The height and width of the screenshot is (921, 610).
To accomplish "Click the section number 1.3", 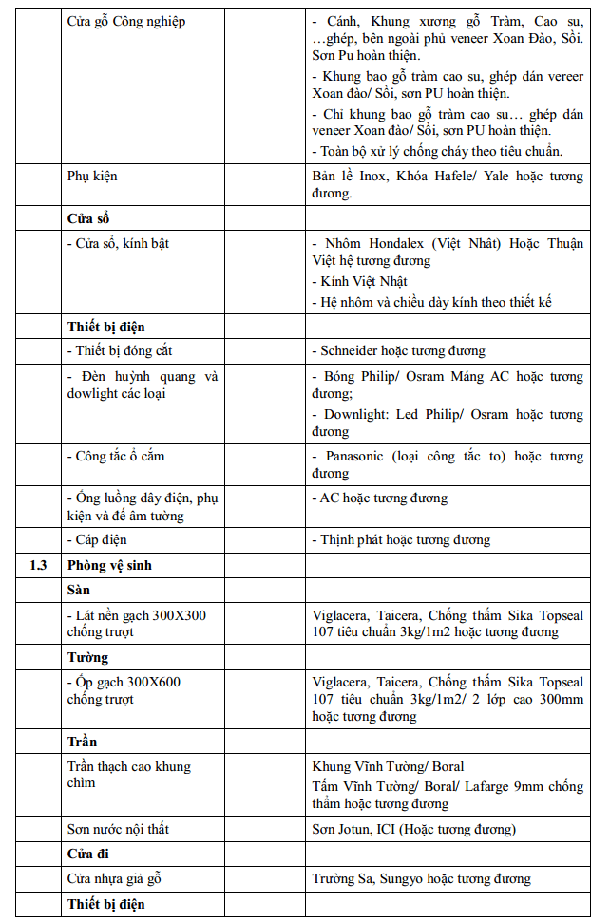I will [x=38, y=565].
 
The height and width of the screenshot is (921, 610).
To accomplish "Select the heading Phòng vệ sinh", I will [x=109, y=565].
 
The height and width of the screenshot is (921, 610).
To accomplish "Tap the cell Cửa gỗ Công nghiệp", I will [x=126, y=22].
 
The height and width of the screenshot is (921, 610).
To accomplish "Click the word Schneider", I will [x=354, y=350].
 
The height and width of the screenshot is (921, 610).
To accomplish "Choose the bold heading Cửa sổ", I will [x=89, y=218].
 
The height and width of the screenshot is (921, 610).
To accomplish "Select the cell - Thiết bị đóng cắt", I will [x=119, y=350].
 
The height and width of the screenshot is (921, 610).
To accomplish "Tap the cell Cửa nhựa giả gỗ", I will [x=121, y=878].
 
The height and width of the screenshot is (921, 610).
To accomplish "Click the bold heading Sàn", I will [x=79, y=590].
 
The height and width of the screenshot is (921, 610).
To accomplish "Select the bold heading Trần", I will [x=83, y=741].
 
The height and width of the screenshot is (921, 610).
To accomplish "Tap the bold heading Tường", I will [x=87, y=657].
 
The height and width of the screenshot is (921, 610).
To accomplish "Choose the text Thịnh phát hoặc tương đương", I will [x=405, y=539].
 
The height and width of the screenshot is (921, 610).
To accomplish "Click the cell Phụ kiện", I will [x=92, y=177].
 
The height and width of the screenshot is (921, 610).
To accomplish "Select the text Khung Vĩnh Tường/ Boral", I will [x=388, y=766].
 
